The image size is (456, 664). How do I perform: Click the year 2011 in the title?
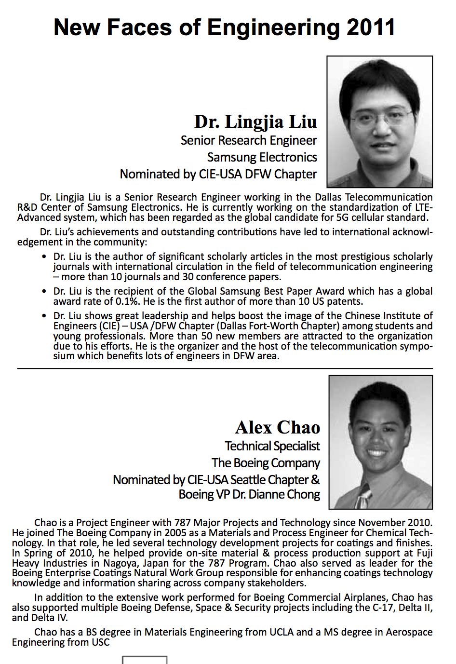(x=371, y=27)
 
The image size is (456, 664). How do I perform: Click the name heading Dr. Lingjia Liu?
(x=255, y=122)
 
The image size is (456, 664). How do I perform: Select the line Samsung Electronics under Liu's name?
(x=262, y=157)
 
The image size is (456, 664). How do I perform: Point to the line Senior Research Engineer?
(x=249, y=140)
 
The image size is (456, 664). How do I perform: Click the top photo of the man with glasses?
(x=379, y=122)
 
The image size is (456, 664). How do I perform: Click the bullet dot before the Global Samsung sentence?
(x=44, y=292)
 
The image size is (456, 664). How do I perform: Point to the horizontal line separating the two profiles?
(x=225, y=368)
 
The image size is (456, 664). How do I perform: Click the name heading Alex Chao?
(x=278, y=427)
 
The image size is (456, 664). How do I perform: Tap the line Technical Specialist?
(x=272, y=446)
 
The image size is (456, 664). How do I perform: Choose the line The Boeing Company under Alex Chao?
(x=266, y=463)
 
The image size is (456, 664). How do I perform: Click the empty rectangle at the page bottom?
(x=145, y=660)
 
